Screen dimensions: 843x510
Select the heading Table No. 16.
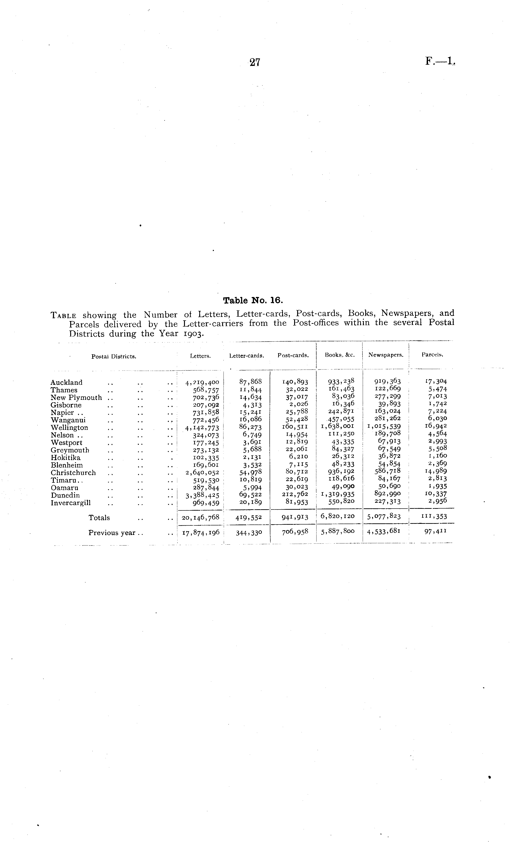[253, 300]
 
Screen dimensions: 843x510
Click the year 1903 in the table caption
[193, 334]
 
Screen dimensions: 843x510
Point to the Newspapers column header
[386, 355]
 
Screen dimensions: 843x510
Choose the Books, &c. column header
[340, 355]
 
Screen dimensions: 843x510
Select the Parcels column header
[432, 355]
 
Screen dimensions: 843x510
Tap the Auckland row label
[66, 382]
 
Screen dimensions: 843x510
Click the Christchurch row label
[73, 473]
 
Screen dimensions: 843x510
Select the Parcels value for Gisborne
[438, 404]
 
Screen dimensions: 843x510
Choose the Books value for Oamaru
[341, 486]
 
